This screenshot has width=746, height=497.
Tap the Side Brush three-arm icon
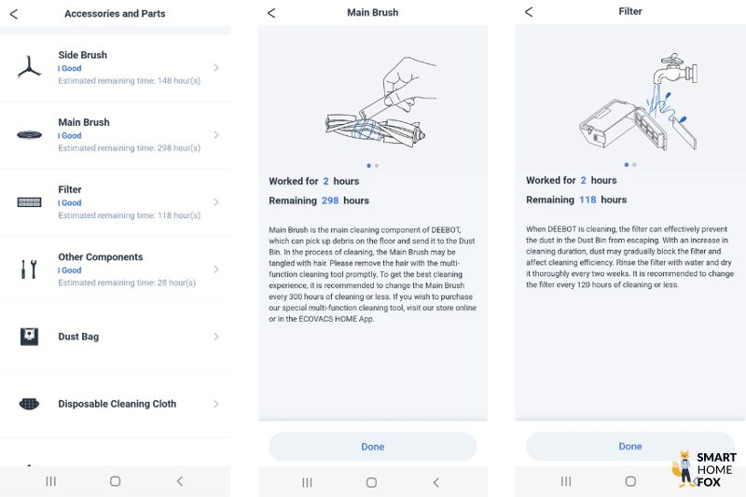point(30,67)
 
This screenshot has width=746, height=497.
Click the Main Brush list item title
point(84,122)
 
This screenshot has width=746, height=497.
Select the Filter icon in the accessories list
point(30,202)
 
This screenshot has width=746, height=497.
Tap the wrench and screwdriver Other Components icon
point(29,269)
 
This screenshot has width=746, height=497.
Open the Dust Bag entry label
point(78,337)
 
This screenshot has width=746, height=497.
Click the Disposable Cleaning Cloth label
point(117,404)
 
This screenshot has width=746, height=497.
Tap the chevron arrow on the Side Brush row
point(216,68)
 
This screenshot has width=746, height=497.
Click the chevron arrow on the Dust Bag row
point(216,337)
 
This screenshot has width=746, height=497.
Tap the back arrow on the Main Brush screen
point(271,13)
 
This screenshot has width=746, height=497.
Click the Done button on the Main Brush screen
point(372,447)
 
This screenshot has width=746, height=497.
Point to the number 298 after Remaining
point(330,200)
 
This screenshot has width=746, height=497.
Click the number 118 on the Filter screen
point(587,200)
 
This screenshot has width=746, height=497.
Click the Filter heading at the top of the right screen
point(630,12)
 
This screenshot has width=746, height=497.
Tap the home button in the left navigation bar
point(115,481)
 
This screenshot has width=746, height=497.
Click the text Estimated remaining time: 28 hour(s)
point(127,283)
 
